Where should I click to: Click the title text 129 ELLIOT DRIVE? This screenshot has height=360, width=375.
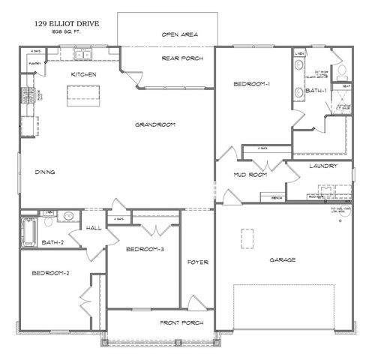pos(66,24)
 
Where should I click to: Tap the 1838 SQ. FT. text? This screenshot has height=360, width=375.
pos(66,33)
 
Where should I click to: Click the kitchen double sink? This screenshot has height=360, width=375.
pos(82,54)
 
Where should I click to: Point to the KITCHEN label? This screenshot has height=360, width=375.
pos(82,74)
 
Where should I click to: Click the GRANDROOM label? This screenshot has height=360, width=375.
pos(155,124)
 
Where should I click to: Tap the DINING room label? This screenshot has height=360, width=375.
pos(46,172)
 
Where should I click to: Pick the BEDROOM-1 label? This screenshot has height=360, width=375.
pos(251,84)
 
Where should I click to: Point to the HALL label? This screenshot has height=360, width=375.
pos(94,228)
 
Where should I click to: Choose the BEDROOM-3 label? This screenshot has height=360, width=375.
pos(145,248)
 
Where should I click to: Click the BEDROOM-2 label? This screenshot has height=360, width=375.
pos(50,273)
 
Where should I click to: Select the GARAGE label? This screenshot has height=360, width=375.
pos(283,260)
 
